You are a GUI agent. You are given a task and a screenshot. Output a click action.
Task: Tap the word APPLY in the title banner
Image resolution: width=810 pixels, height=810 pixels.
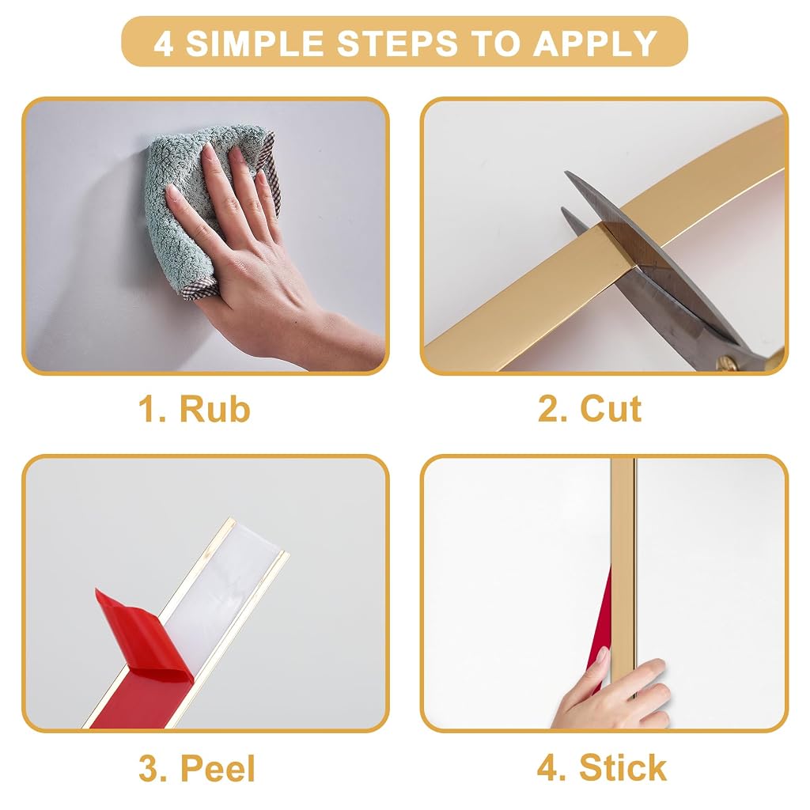point(595,43)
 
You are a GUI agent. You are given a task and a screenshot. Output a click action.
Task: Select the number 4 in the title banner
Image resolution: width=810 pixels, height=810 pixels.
point(163,43)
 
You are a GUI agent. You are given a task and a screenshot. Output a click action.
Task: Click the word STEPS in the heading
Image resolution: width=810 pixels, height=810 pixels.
point(397,43)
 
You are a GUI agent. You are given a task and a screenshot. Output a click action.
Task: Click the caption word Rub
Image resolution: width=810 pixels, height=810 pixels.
point(214,409)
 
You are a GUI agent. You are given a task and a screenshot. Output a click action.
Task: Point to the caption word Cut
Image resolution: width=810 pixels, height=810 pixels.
point(611,409)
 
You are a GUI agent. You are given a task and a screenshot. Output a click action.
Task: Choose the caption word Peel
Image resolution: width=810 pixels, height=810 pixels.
point(218,768)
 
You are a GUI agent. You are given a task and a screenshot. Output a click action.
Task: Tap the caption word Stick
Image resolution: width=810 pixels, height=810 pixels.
point(623,767)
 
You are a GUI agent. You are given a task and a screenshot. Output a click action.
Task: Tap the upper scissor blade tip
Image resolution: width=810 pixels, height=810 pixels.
point(566,173)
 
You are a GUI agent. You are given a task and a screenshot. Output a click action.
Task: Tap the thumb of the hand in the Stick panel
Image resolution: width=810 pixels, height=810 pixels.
point(600,666)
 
